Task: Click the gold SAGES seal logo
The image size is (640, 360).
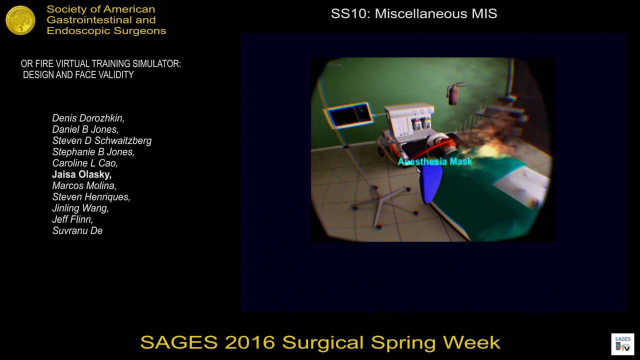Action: pos(20,20)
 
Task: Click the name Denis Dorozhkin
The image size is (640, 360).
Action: pos(88,118)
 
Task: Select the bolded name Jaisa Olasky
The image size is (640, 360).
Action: pos(82,175)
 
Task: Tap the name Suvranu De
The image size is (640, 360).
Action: pos(77,230)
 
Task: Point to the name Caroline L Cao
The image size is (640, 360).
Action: pos(85,163)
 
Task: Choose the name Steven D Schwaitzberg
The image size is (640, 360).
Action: pos(102,141)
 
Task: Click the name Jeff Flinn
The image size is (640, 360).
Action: pos(72,219)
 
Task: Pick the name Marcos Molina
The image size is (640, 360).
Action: pos(84,186)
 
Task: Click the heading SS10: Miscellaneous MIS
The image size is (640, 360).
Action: pos(414,14)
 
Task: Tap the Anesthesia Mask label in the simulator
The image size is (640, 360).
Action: pos(434,161)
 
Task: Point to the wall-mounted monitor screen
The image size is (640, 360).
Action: pos(349,114)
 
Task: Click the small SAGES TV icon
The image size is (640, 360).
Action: pos(622,343)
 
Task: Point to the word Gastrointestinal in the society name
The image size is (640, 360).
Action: pos(101,20)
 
